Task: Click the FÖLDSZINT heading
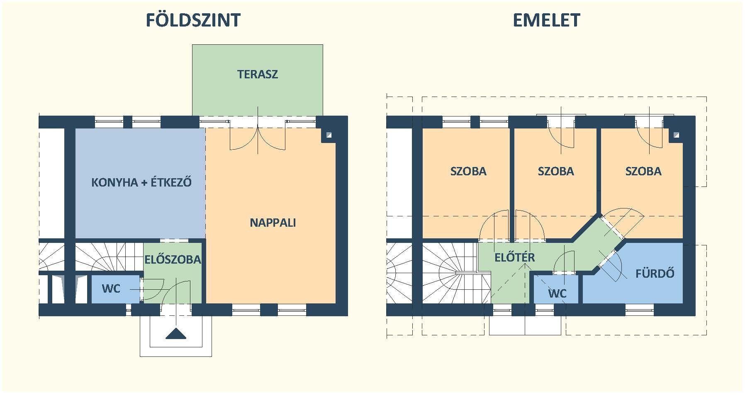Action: pos(193,19)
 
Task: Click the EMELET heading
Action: pos(546,20)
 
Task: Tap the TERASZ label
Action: pos(257,75)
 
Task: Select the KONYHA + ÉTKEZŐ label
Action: pos(141,182)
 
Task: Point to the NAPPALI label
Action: pos(273,223)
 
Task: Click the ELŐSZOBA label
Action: pos(173,260)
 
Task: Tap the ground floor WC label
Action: pos(111,288)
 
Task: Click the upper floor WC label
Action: pos(557,294)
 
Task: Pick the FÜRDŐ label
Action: pos(655,274)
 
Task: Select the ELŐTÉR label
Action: pos(514,257)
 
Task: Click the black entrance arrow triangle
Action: pos(175,334)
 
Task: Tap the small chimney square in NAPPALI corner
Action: pos(329,135)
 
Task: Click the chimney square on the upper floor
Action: pos(677,135)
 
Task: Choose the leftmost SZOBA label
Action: pos(468,172)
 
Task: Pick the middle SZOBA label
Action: pos(556,172)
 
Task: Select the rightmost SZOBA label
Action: pos(643,172)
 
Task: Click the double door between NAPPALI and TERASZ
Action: pos(258,135)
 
